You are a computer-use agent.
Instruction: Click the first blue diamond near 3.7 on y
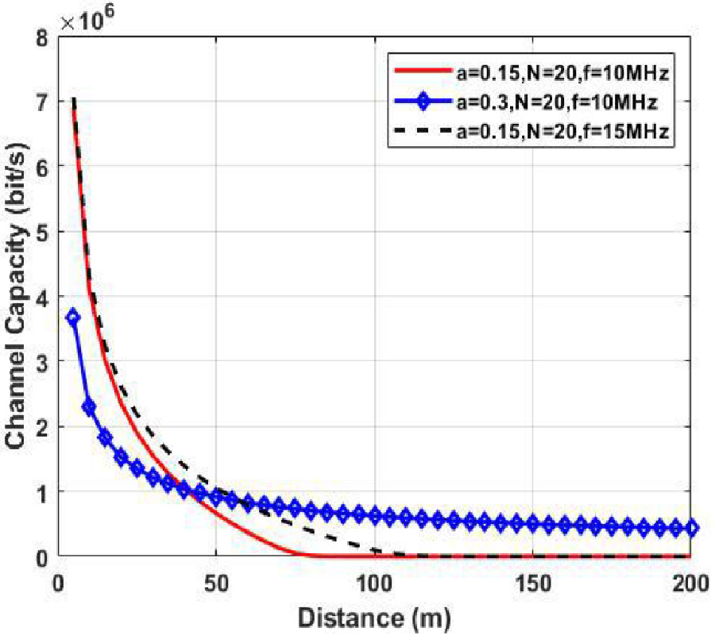74,317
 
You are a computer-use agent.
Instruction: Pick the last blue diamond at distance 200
691,528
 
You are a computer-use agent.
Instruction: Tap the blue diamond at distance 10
90,407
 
